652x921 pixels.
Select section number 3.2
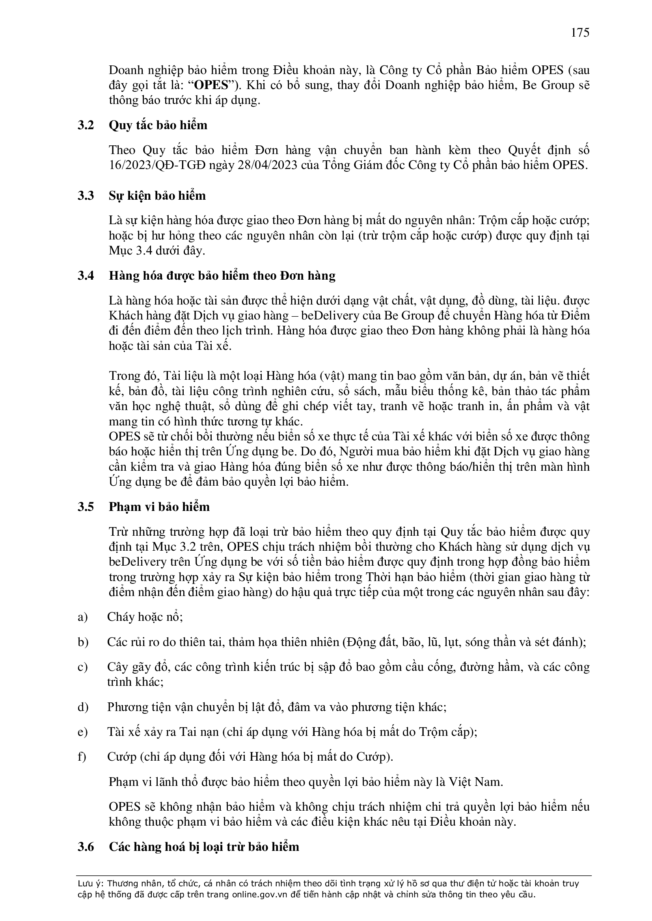86,126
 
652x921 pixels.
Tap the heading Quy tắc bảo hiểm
158,126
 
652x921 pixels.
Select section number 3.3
86,196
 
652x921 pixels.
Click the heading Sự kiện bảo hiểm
157,196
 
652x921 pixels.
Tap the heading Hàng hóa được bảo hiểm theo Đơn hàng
222,276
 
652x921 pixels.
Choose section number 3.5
86,507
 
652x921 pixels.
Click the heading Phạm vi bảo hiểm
159,507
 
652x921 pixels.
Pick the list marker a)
82,617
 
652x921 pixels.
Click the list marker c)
82,667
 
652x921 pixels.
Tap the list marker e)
82,732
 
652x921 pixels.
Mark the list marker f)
82,757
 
